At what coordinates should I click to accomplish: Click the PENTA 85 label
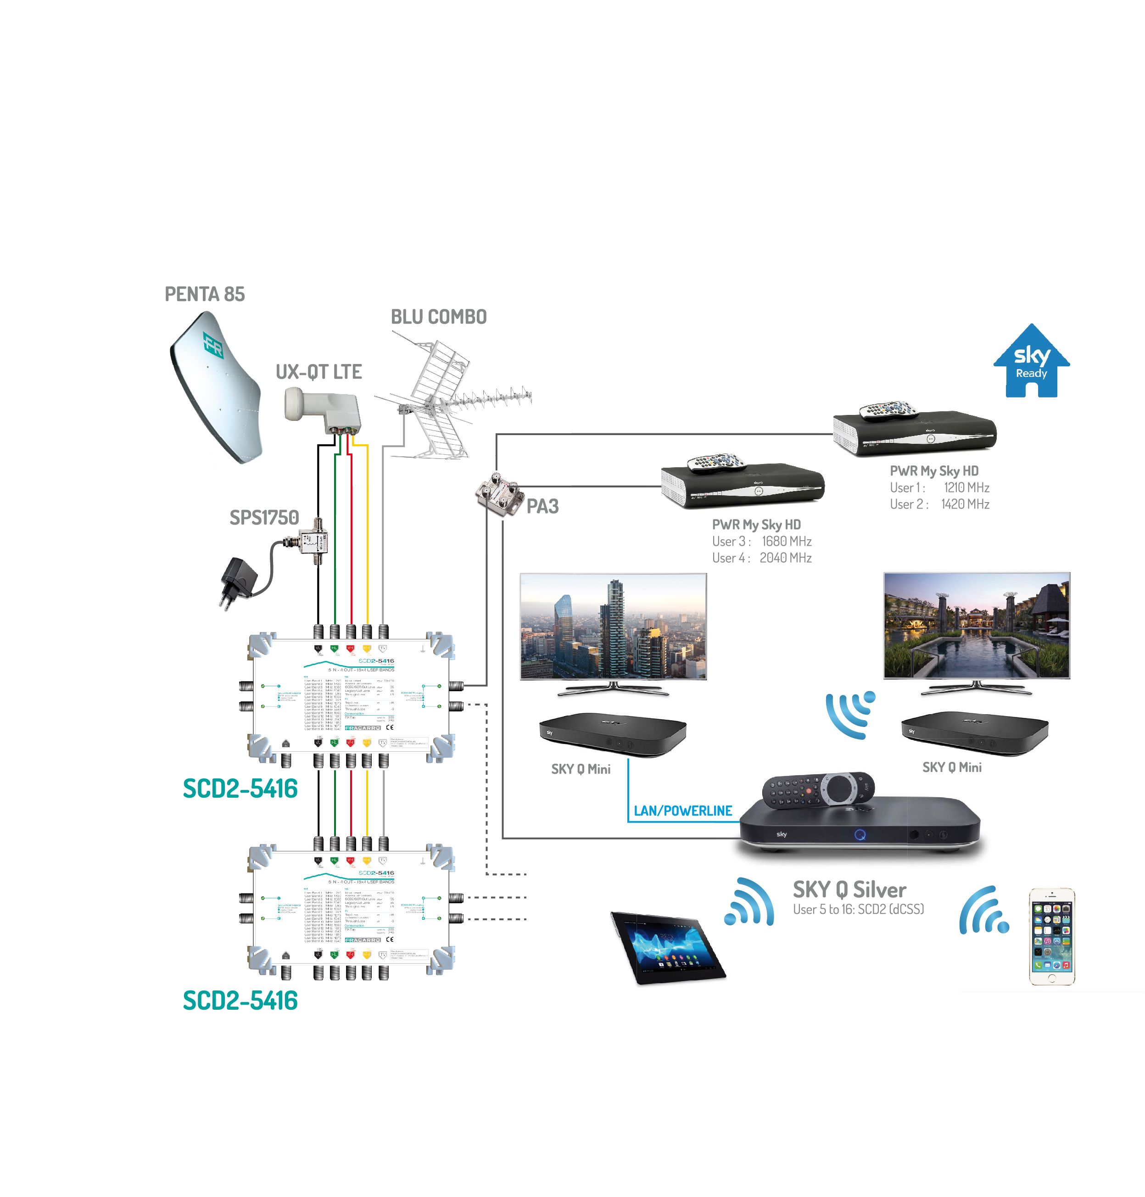point(205,294)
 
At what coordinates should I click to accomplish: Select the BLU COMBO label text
point(438,317)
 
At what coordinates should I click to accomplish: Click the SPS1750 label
point(264,518)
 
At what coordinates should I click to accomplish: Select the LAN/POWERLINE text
point(682,811)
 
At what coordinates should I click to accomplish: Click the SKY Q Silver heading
point(849,889)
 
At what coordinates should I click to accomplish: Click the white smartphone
point(1052,936)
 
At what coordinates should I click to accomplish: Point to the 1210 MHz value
point(966,488)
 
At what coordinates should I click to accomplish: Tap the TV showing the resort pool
point(976,626)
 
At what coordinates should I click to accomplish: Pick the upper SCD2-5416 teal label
point(240,788)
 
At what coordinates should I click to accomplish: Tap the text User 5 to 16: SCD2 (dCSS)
point(858,910)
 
